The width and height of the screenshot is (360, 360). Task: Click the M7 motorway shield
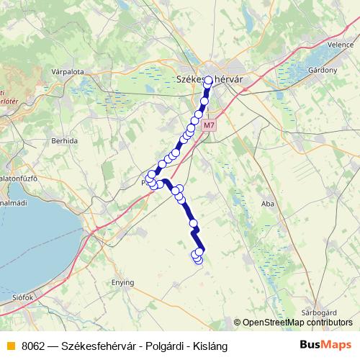209,125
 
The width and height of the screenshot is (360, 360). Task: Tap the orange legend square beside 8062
10,346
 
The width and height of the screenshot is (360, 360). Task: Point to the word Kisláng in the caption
208,346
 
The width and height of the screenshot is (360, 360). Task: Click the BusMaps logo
326,345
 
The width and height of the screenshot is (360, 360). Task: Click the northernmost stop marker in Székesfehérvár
208,83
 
